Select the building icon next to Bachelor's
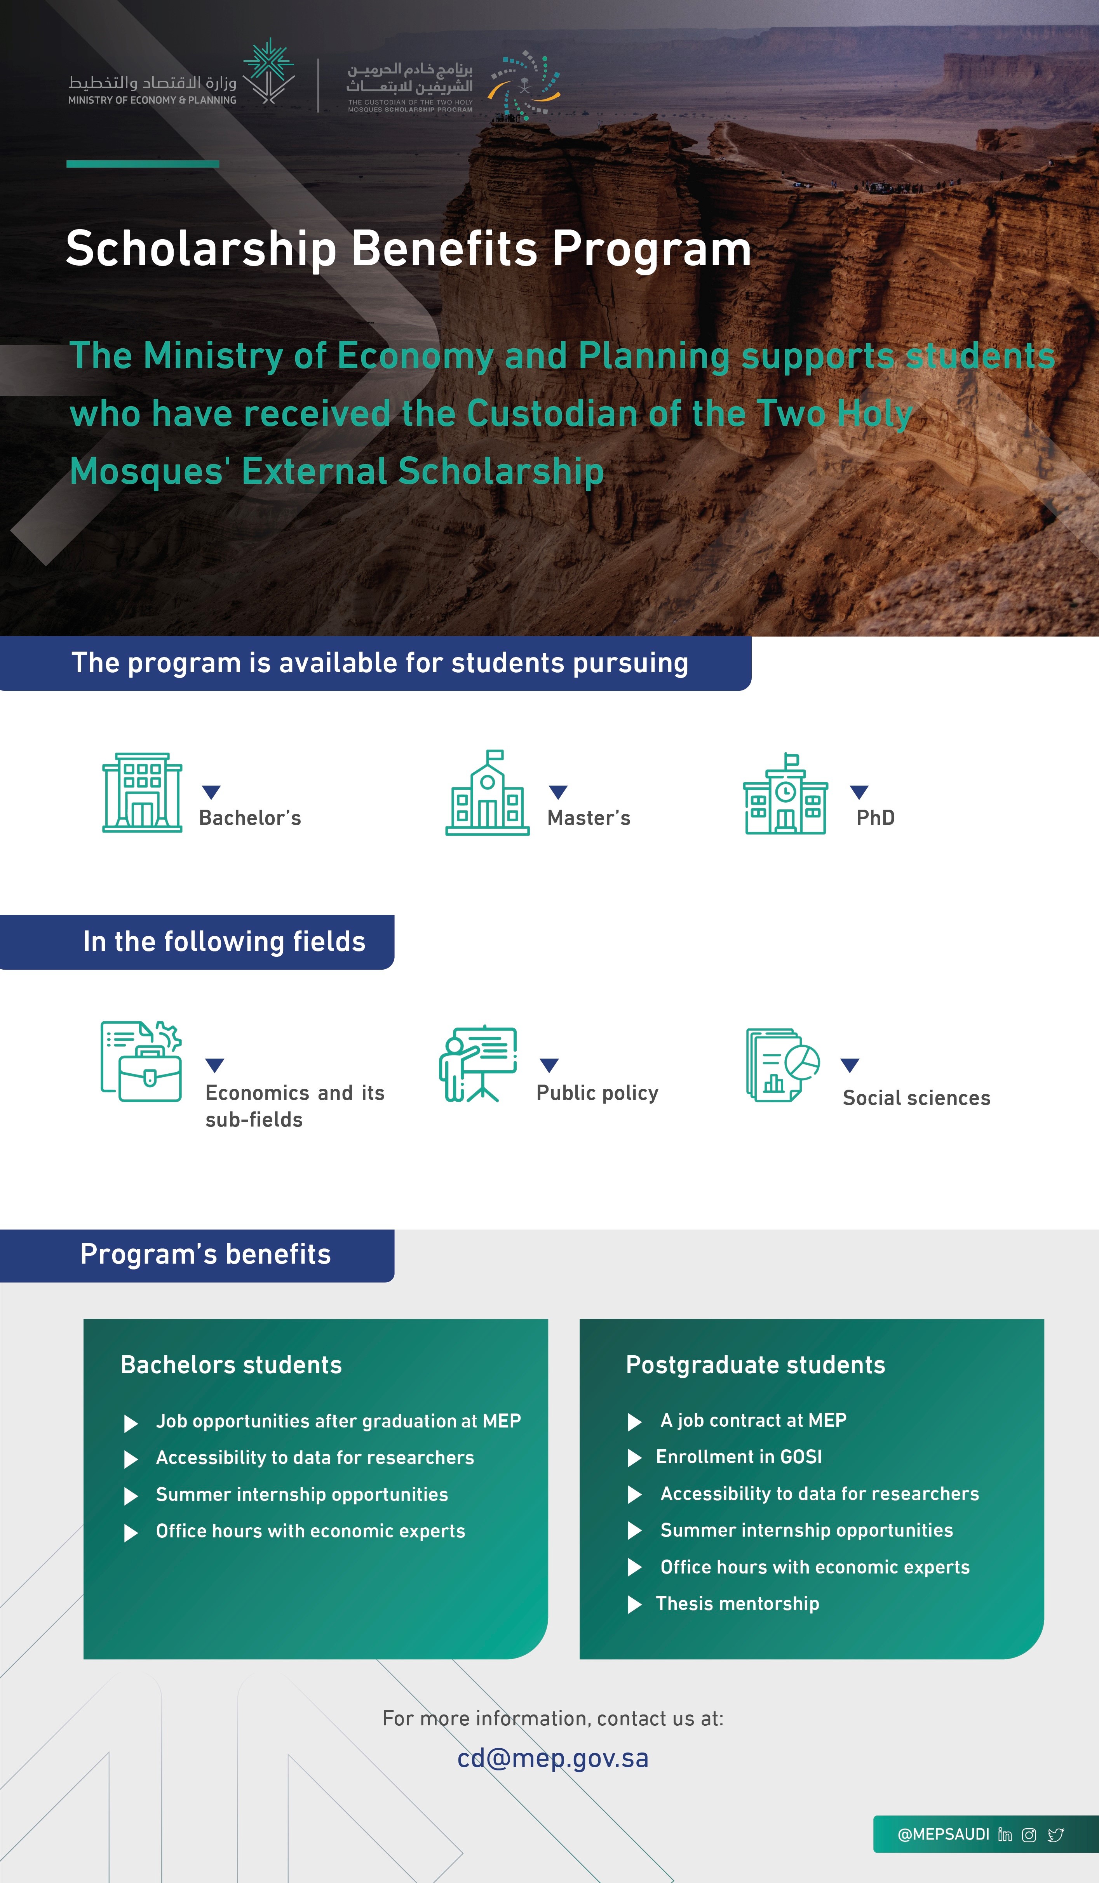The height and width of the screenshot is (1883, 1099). pos(142,793)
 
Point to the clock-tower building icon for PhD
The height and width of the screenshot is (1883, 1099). pos(785,794)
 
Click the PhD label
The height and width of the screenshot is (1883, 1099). pos(875,817)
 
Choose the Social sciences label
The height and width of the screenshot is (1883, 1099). pos(916,1098)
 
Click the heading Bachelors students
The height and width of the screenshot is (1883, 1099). pos(231,1365)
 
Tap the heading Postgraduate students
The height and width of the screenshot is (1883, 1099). pos(755,1365)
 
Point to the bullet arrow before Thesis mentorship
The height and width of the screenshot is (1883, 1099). pos(635,1604)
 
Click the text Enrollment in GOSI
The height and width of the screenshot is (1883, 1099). pos(738,1456)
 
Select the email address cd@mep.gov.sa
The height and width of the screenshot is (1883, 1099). pos(552,1758)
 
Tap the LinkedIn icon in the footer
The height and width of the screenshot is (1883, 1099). pos(1005,1834)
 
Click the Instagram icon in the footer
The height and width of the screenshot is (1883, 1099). pos(1029,1834)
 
